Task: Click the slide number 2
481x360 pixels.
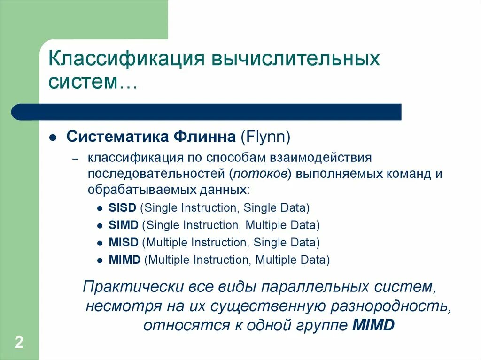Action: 19,342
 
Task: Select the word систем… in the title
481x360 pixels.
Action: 93,82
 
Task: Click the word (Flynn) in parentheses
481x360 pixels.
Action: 266,138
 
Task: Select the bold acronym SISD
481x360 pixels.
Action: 122,208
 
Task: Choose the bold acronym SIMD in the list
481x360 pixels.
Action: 123,225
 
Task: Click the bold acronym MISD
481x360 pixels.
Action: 123,243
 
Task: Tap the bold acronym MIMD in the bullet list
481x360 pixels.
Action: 124,260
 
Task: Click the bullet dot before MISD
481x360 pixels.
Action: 100,243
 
